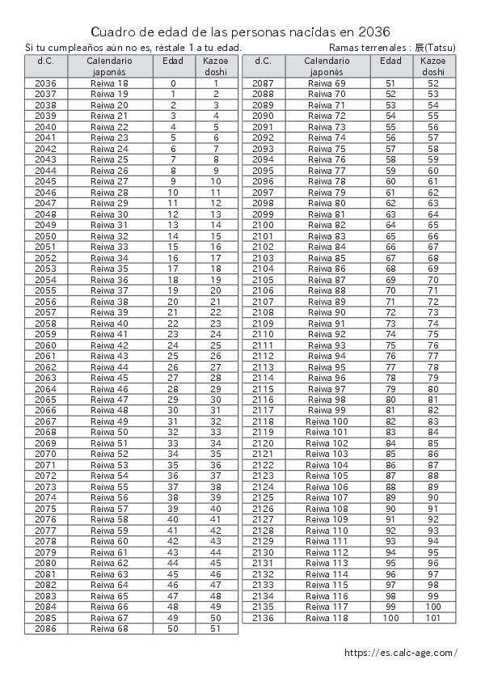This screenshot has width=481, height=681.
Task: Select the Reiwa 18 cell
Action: point(110,83)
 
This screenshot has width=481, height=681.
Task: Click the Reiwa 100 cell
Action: point(327,421)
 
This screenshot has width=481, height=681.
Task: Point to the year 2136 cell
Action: point(264,618)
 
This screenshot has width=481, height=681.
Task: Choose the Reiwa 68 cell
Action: point(110,628)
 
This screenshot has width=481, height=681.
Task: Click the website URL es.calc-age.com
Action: point(400,653)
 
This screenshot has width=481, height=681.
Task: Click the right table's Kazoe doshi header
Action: point(433,66)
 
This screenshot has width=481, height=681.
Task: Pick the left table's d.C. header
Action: point(46,61)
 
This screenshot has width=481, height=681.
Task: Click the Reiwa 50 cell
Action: point(110,433)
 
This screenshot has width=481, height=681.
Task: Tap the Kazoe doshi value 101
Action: point(433,618)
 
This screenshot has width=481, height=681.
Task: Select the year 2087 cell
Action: point(264,83)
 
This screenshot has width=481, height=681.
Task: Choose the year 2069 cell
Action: point(46,443)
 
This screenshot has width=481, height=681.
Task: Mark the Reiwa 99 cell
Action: point(327,411)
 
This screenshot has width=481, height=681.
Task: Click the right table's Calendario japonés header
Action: point(327,66)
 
